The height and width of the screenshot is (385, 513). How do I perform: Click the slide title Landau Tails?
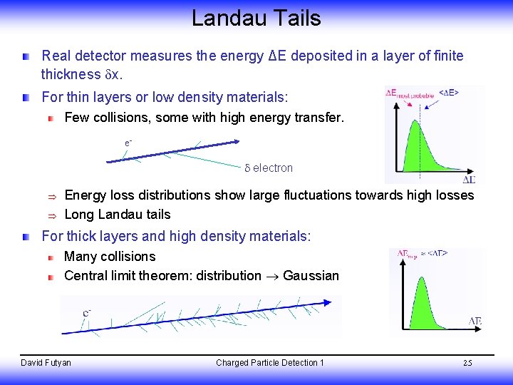(256, 18)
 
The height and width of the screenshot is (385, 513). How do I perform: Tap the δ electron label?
(269, 168)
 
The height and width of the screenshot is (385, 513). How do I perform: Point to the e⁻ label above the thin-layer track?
(128, 143)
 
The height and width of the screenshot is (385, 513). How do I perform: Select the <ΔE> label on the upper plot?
(448, 92)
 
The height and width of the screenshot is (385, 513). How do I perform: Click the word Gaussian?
(311, 275)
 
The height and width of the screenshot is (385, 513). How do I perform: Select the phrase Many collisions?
(110, 256)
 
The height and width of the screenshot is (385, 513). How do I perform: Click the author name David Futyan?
(46, 363)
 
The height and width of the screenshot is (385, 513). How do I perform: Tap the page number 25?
(467, 363)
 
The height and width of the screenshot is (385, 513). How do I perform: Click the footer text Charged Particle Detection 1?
(270, 363)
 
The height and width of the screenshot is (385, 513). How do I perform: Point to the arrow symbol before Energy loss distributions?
(51, 196)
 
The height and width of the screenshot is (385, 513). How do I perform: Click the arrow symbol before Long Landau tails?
(51, 215)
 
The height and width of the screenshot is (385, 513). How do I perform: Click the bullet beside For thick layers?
(26, 236)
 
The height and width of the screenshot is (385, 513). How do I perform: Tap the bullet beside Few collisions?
(50, 118)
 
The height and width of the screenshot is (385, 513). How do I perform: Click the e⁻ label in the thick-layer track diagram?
(86, 312)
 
